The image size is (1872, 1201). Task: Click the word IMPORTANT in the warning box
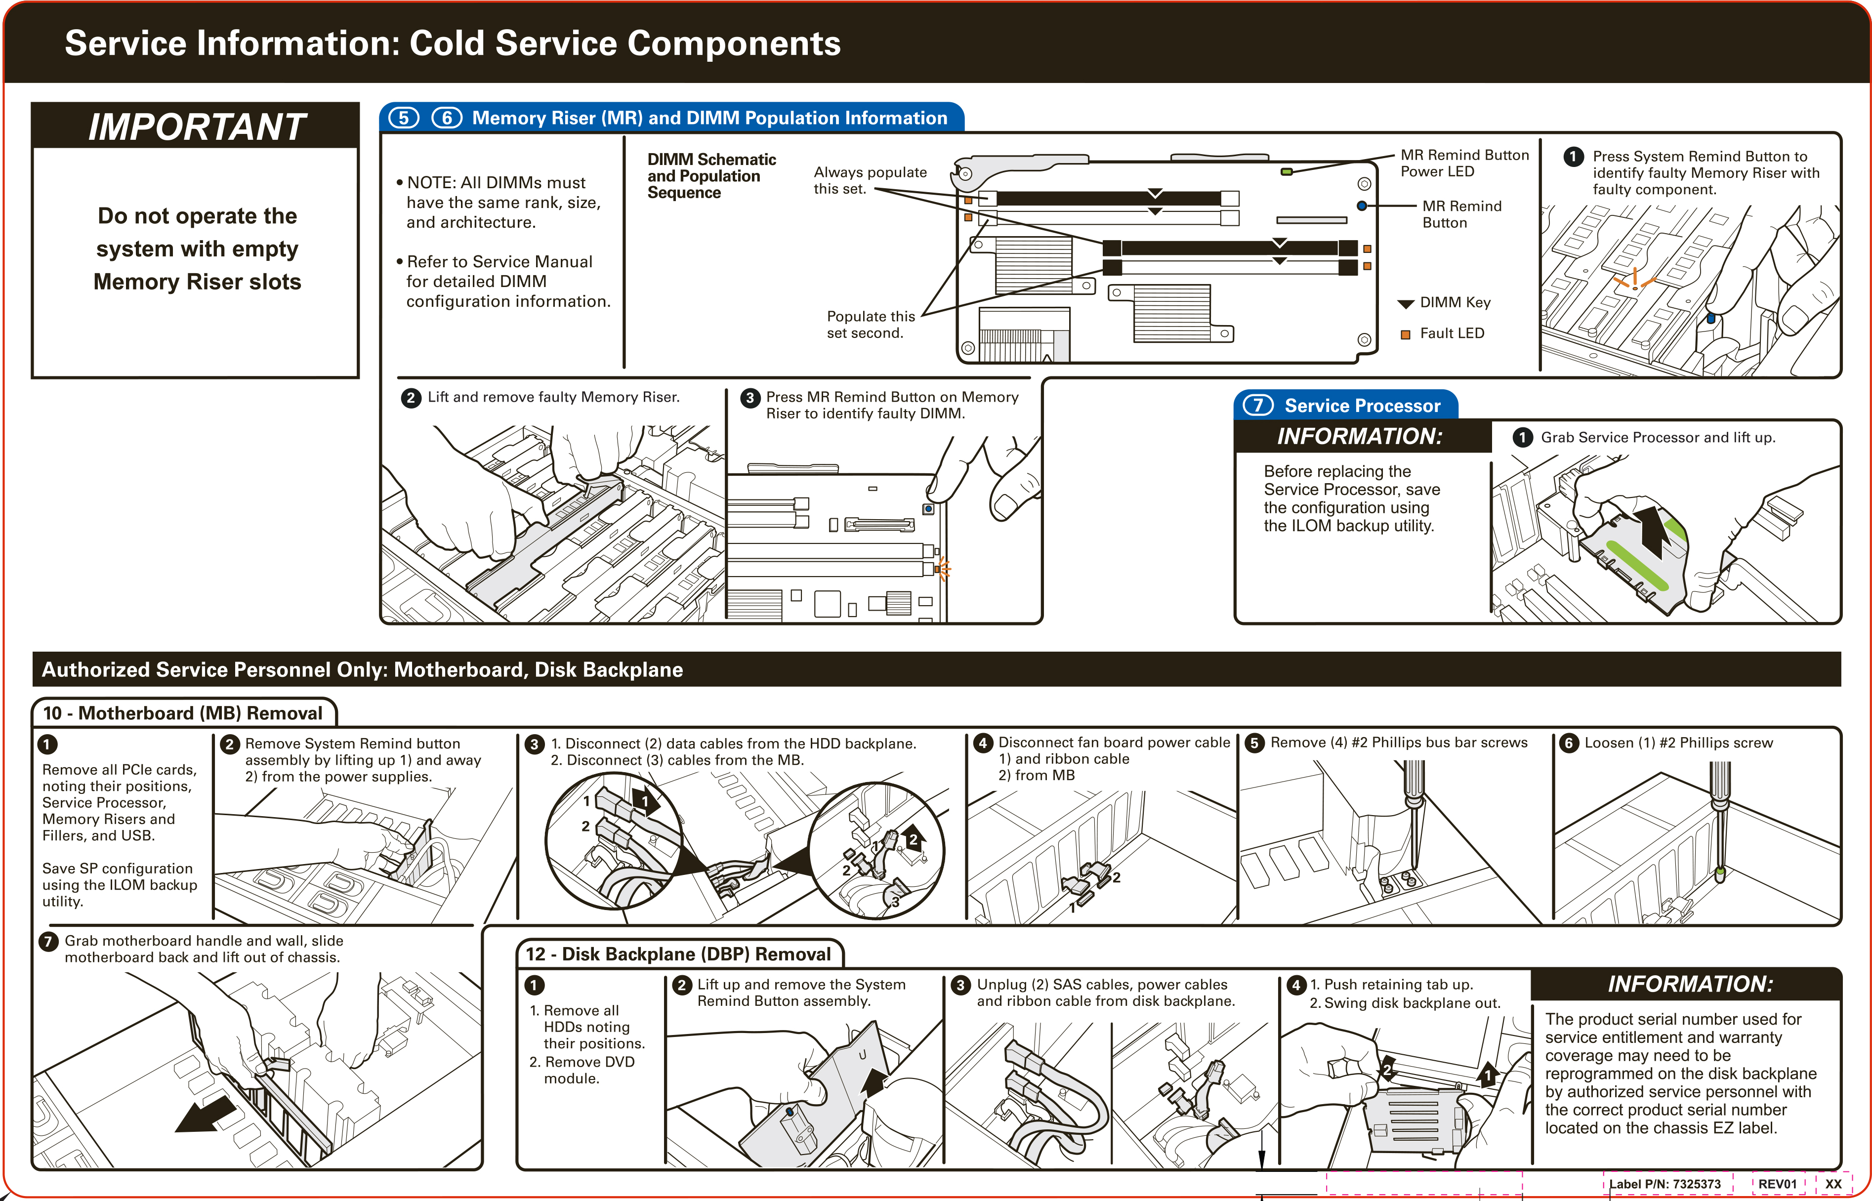coord(197,126)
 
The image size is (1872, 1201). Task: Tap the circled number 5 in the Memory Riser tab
coord(403,118)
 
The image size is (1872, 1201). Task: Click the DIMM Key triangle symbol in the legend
coord(1405,303)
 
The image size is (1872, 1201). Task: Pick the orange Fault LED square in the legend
coord(1405,334)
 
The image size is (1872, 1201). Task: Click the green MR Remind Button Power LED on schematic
coord(1287,171)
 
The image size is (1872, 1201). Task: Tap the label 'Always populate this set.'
coord(870,180)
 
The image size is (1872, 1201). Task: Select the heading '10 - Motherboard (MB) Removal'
coord(182,713)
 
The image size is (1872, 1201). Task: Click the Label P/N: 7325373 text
coord(1664,1184)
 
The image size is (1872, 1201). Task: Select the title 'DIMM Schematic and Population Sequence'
coord(710,175)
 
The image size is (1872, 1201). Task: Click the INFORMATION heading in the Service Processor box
coord(1359,436)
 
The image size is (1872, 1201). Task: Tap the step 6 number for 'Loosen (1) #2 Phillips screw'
coord(1568,743)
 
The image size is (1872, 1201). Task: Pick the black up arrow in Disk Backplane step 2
coord(875,1082)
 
